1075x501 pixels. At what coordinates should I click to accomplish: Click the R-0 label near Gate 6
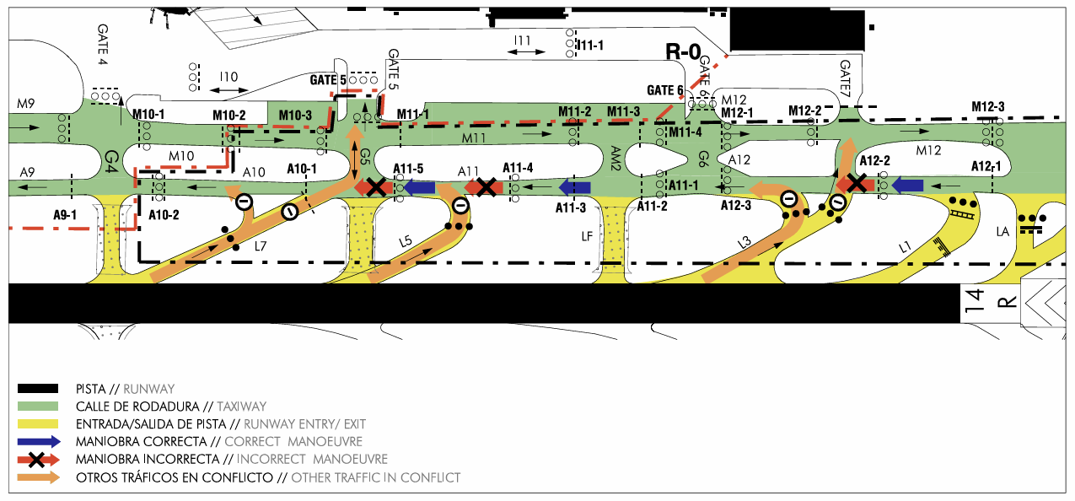coord(682,52)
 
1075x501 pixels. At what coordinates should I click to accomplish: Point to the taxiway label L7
coord(261,245)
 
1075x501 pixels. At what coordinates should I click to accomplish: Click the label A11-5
coord(410,168)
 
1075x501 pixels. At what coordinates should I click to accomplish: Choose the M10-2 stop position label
coord(229,115)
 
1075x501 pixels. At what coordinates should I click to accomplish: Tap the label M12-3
coord(988,106)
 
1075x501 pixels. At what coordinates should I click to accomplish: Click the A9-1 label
coord(65,215)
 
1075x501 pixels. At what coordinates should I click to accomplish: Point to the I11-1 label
coord(589,45)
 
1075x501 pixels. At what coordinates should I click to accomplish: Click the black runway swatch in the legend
coord(38,389)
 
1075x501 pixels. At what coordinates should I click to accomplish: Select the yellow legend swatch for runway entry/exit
coord(38,423)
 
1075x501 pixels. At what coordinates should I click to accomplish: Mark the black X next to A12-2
coord(858,183)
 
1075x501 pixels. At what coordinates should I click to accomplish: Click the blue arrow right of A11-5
coord(419,187)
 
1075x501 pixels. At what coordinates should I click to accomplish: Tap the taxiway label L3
coord(744,243)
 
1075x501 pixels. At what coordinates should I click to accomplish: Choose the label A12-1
coord(986,165)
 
